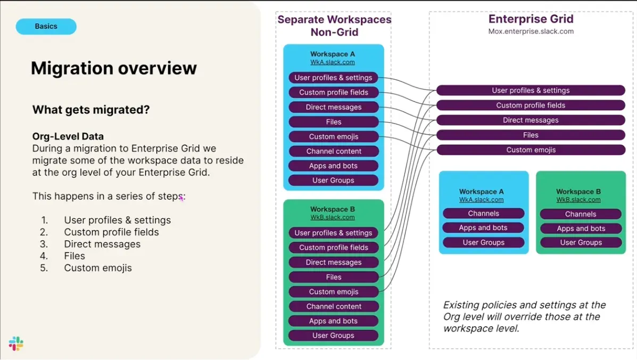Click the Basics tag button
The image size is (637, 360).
click(x=46, y=26)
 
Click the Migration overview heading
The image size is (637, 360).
click(x=113, y=68)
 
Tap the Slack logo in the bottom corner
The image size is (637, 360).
click(x=16, y=343)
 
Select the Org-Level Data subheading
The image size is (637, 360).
click(x=68, y=136)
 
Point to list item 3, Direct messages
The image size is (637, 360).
click(x=102, y=244)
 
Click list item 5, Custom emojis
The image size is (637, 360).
click(x=97, y=268)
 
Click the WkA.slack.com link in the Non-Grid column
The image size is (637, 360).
click(x=333, y=62)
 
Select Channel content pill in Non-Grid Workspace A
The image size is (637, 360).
click(x=334, y=151)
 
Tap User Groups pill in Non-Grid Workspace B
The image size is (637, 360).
click(x=333, y=336)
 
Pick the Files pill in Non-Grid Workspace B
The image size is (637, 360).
click(x=333, y=277)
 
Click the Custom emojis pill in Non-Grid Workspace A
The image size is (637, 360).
click(x=333, y=136)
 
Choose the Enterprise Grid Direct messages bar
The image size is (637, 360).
click(x=531, y=120)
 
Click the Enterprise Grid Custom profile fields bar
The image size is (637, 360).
click(x=531, y=105)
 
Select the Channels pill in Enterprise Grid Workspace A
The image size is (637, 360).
click(x=483, y=214)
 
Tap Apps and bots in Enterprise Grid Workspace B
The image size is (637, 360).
click(x=581, y=228)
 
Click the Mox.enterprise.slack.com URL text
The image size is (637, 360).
click(x=531, y=31)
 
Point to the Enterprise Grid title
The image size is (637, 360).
click(x=531, y=19)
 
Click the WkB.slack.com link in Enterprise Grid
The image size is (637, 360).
click(x=578, y=200)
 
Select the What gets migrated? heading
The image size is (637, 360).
click(x=91, y=110)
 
